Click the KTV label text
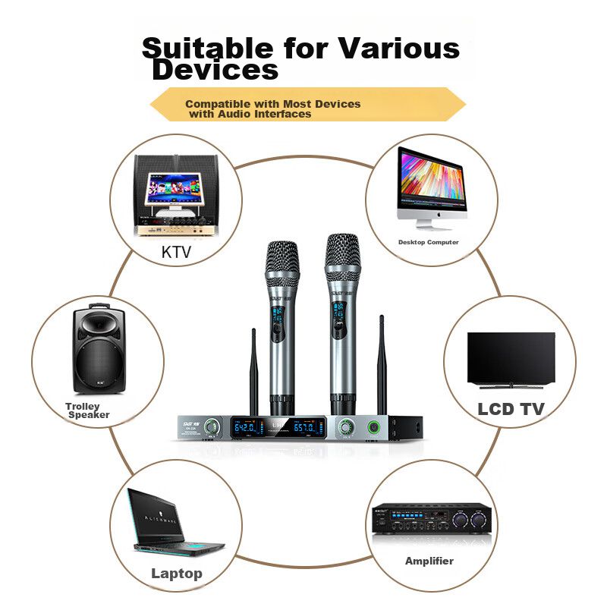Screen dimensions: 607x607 tap(176, 252)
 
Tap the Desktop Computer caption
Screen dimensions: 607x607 tap(429, 242)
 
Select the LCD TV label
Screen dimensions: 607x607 tap(511, 409)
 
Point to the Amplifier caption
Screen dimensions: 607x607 tap(429, 561)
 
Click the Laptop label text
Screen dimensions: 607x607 tap(177, 573)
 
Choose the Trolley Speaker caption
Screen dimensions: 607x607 tap(86, 411)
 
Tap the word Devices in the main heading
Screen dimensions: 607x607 tap(215, 71)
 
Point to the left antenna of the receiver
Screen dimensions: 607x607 tap(254, 372)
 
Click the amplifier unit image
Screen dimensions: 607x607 tap(429, 519)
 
